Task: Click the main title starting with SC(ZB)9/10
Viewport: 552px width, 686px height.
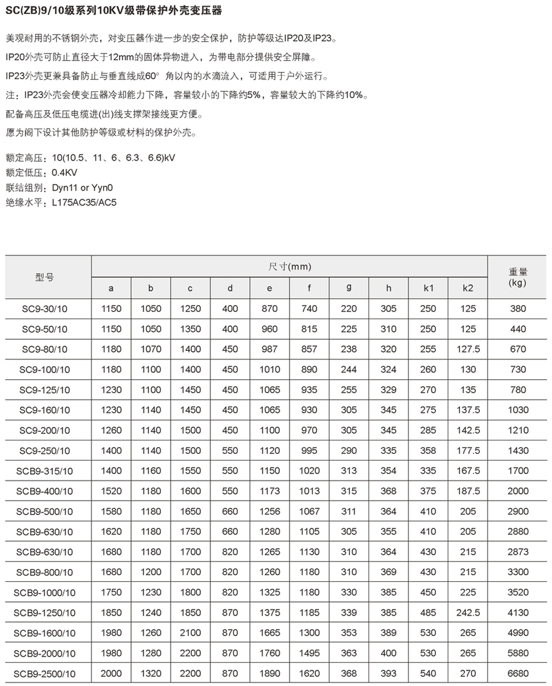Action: coord(114,11)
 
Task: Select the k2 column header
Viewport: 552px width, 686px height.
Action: coord(467,288)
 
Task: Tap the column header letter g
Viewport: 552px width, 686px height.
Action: coord(348,288)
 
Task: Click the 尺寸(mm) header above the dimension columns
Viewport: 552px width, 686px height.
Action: coord(289,267)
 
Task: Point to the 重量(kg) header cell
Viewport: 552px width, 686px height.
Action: coord(518,277)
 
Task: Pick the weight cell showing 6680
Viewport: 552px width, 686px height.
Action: coord(518,673)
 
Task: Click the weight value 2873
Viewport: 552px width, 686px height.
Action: coord(518,552)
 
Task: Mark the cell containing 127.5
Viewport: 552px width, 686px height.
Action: coord(467,349)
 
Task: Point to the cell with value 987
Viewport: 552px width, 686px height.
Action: coord(269,349)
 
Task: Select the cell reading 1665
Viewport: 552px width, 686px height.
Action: coord(269,633)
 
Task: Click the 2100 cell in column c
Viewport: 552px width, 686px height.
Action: coord(190,633)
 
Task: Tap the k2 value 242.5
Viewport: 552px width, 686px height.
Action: coord(467,612)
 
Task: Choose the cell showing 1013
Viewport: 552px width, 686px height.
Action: coord(309,491)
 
